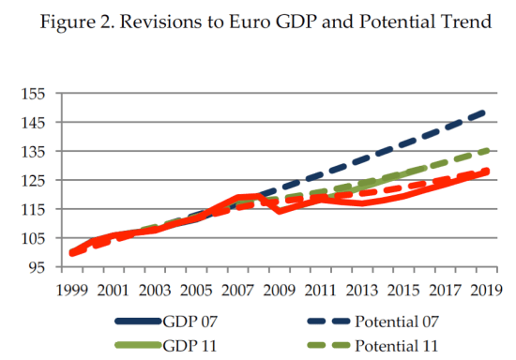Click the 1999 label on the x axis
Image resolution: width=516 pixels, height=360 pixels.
[70, 290]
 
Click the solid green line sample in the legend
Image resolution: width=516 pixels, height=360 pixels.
[138, 345]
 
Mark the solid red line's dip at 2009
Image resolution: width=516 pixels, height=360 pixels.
[280, 211]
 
